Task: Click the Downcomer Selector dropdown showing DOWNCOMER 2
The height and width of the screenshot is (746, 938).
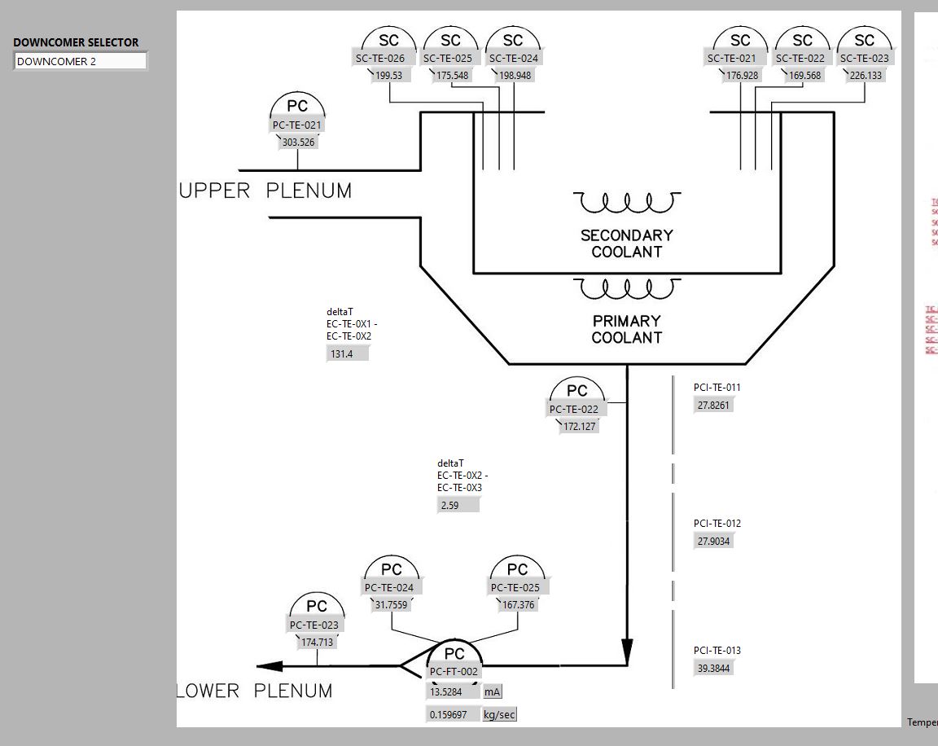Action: pyautogui.click(x=80, y=61)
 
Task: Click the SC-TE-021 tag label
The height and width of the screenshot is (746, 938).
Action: pyautogui.click(x=731, y=58)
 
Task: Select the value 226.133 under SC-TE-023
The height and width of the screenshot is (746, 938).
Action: pyautogui.click(x=866, y=76)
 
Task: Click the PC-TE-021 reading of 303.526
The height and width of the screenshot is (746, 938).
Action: pyautogui.click(x=298, y=143)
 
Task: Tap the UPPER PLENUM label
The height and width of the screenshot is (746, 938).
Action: pyautogui.click(x=265, y=191)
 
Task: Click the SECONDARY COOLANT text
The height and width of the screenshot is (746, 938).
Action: pyautogui.click(x=626, y=244)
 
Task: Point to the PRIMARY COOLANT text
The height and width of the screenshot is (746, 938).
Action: pyautogui.click(x=626, y=329)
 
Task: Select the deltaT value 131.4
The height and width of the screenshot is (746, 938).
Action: pyautogui.click(x=347, y=354)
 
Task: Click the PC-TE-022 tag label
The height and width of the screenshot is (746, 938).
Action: pyautogui.click(x=573, y=410)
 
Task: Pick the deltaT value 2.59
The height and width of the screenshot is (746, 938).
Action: pyautogui.click(x=458, y=506)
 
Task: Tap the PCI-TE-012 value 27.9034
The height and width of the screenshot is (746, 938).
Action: pyautogui.click(x=713, y=541)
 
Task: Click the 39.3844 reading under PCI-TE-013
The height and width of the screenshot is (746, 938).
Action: pyautogui.click(x=713, y=669)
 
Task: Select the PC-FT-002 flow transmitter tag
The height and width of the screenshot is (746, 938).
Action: pyautogui.click(x=454, y=672)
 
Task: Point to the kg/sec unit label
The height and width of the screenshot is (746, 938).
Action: pyautogui.click(x=499, y=715)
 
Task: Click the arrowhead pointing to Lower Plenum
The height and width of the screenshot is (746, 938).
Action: pyautogui.click(x=270, y=666)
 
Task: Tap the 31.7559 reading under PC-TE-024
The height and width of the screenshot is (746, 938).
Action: pyautogui.click(x=391, y=605)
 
